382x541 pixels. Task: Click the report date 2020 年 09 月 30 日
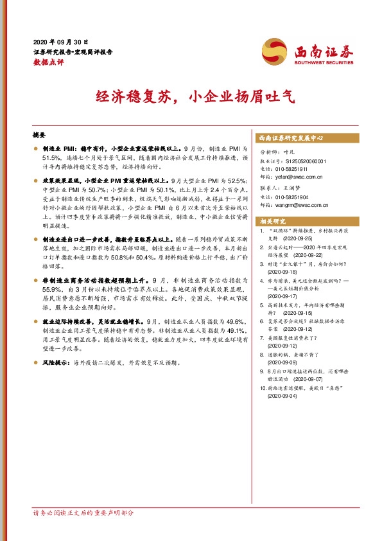click(61, 40)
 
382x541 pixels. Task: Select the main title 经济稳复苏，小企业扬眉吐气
click(190, 98)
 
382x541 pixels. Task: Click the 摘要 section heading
click(39, 137)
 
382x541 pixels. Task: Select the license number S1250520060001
click(303, 161)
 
